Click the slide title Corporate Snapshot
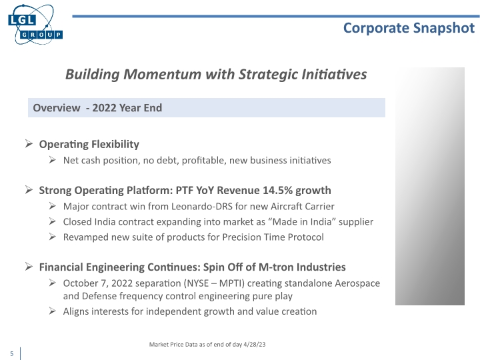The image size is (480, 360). click(409, 27)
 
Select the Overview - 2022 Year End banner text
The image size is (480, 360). click(97, 108)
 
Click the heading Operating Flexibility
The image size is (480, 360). click(89, 144)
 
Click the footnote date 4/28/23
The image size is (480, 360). click(253, 344)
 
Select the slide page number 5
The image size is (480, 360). click(11, 353)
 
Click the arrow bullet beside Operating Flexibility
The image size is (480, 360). click(29, 144)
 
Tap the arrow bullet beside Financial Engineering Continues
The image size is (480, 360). click(29, 267)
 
